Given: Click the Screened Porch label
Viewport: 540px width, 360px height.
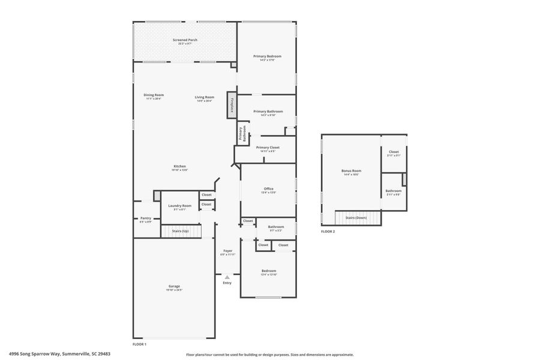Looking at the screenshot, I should (185, 40).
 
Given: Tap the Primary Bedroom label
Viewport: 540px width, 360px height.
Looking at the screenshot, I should (267, 56).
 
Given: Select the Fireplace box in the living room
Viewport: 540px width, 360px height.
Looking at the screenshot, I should (230, 103).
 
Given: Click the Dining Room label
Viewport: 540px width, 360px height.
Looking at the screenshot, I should (154, 95).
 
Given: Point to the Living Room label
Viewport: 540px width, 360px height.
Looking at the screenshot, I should (204, 97).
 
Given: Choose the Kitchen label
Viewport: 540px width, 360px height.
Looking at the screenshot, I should (180, 167).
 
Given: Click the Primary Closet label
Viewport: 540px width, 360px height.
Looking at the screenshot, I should (268, 148).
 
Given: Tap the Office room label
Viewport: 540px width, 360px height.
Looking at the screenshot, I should (268, 189).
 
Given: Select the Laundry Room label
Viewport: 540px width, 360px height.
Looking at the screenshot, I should (180, 206).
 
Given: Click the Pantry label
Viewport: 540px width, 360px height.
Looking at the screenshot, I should (146, 218).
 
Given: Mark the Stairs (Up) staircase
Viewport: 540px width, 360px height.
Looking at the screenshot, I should (181, 231).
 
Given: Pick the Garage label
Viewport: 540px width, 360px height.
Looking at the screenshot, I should (174, 287).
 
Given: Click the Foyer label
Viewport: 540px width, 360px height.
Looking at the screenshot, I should (228, 251).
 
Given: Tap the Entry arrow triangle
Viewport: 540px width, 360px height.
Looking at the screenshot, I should (227, 277).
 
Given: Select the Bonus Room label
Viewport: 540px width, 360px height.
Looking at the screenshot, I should (351, 171).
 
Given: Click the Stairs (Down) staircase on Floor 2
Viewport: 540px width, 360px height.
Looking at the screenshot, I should (358, 218).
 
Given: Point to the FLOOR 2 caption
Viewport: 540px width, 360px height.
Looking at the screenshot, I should (328, 231).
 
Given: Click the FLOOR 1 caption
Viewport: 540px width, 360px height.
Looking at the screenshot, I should (139, 344).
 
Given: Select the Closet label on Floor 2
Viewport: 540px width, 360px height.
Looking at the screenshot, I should (394, 152).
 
